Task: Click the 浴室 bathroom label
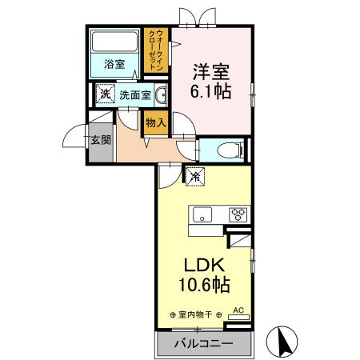point(114,65)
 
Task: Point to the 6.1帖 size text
point(211,90)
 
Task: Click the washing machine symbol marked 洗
point(105,94)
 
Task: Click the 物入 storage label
point(154,122)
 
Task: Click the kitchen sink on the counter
point(202,214)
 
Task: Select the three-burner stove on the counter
point(238,214)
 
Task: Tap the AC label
point(238,309)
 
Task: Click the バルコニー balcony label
point(204,343)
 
